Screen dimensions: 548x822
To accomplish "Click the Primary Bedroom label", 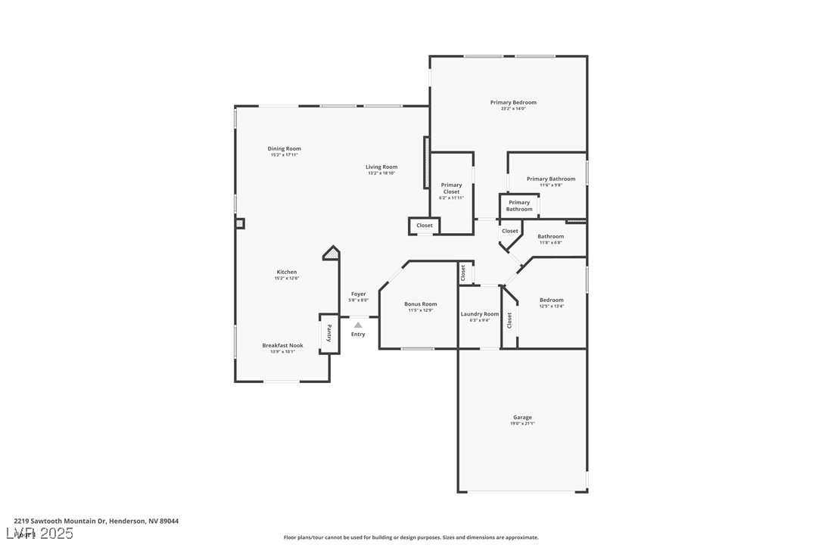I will [513, 102].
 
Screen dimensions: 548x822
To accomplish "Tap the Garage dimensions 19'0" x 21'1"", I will [522, 424].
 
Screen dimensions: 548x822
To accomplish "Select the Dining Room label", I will [284, 148].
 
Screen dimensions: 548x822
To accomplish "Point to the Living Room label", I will [381, 167].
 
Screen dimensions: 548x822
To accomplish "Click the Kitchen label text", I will [286, 272].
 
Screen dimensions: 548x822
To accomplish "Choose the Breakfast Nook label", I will [282, 345].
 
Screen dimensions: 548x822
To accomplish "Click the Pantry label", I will [329, 333].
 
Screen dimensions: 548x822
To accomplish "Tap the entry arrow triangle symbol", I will [358, 325].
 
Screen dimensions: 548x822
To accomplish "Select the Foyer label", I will [358, 294].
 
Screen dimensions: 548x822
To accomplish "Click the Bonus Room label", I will [420, 304].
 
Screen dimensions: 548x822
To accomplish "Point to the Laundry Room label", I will [480, 313].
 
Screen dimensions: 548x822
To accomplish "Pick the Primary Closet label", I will [451, 188].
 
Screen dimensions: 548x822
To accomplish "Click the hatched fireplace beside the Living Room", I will [426, 162].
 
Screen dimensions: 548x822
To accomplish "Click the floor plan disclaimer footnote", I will [411, 537].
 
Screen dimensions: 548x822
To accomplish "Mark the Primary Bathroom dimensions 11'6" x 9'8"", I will [551, 185].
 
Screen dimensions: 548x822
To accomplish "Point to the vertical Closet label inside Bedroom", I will [509, 320].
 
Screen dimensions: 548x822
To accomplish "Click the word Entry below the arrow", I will [358, 334].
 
